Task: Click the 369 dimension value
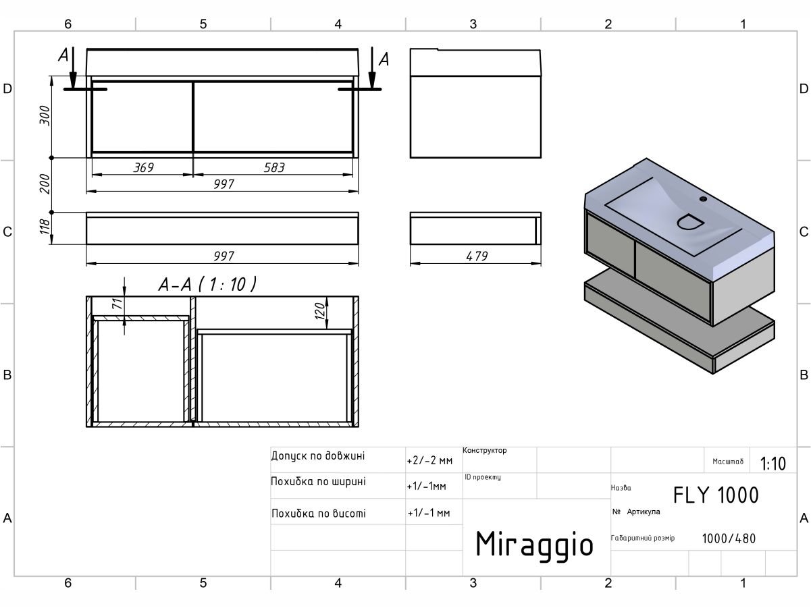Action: pos(142,167)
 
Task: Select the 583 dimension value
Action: pos(273,167)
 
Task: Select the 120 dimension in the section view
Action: pos(321,310)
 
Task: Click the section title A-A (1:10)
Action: pos(207,285)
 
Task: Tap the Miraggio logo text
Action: pos(534,543)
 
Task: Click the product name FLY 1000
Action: pos(716,495)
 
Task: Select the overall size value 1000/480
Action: pos(729,538)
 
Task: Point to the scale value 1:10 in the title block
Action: pos(773,464)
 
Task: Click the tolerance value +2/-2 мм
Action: pos(429,461)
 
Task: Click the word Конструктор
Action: pos(485,450)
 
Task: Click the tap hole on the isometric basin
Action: pos(703,199)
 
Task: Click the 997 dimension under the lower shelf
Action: pos(224,256)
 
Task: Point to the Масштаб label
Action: pos(728,462)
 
